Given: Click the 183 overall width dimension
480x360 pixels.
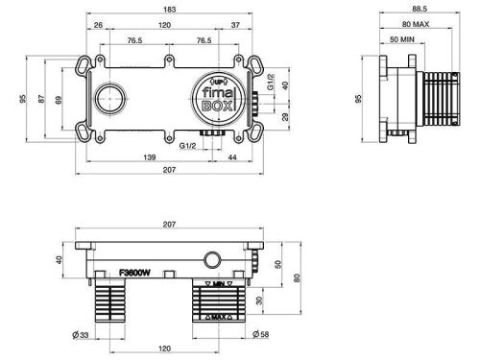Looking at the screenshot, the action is pos(169,10).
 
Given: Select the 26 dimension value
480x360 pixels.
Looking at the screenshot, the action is pos(98,25).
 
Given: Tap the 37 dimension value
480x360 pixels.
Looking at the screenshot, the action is pos(235,25).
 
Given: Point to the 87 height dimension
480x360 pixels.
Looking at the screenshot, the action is pos(42,98).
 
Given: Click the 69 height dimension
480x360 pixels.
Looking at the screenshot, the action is pos(60,100).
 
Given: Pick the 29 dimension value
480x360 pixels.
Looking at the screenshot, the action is pos(285,117).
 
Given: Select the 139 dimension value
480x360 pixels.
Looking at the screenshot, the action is pos(150,157).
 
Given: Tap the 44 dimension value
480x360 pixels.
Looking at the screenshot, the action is pos(232,157).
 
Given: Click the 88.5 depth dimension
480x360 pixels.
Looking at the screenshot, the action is pos(420,9).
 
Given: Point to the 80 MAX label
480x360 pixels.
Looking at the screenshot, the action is pos(416,24).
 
